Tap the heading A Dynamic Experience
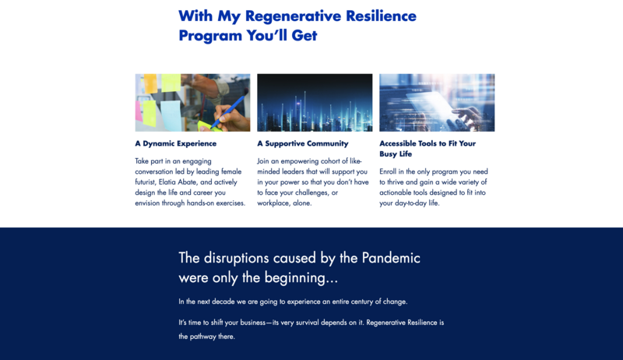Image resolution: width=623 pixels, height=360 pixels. pyautogui.click(x=176, y=144)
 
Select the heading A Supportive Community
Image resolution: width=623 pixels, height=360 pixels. pyautogui.click(x=303, y=144)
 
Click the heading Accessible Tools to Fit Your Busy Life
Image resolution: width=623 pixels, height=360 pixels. pyautogui.click(x=428, y=149)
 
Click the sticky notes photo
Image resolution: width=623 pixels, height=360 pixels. pyautogui.click(x=192, y=103)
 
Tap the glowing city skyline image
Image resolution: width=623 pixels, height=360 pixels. pyautogui.click(x=315, y=103)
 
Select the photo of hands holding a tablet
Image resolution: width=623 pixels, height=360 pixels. pyautogui.click(x=437, y=103)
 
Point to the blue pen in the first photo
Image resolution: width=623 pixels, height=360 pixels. pyautogui.click(x=229, y=111)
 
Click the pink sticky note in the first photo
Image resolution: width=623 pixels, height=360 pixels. pyautogui.click(x=139, y=111)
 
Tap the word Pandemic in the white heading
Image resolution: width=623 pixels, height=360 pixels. pyautogui.click(x=391, y=258)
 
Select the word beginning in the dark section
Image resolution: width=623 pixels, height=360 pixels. pyautogui.click(x=301, y=278)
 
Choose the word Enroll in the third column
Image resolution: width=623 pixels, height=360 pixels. pyautogui.click(x=388, y=171)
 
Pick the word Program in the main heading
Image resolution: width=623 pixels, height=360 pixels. pyautogui.click(x=210, y=36)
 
